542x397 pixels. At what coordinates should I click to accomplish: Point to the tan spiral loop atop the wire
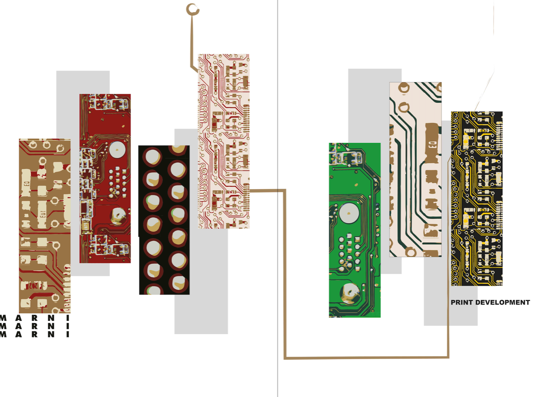[x=193, y=10]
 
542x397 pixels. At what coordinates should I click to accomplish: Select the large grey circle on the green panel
[x=349, y=213]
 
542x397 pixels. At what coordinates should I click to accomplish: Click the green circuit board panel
[x=355, y=230]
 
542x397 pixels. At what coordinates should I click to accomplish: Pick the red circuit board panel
[x=105, y=178]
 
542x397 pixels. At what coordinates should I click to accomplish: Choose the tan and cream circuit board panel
[x=45, y=226]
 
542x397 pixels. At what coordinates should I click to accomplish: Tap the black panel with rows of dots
[x=164, y=220]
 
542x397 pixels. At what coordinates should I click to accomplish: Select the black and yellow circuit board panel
[x=477, y=198]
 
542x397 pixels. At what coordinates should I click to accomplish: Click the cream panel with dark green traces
[x=415, y=169]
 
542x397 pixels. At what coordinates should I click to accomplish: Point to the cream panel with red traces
[x=223, y=141]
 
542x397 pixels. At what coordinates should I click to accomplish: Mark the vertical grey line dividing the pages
[x=277, y=198]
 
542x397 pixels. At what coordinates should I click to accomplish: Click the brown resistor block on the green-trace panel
[x=432, y=143]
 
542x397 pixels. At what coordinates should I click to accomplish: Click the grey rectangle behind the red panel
[x=83, y=173]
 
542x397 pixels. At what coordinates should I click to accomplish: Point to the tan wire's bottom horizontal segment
[x=366, y=358]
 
